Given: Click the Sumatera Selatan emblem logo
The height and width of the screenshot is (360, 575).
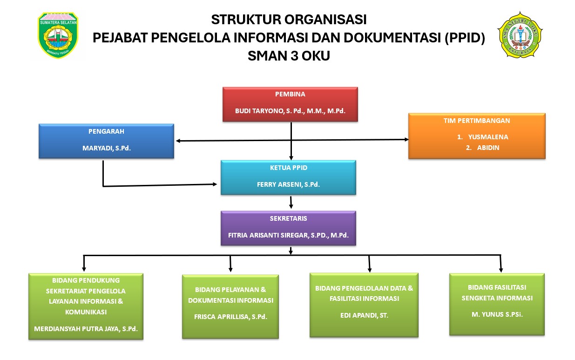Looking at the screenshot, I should (x=58, y=35).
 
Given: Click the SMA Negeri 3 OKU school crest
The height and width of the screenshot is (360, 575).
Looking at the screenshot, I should (x=520, y=34).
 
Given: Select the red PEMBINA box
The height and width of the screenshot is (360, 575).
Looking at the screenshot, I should (x=290, y=104).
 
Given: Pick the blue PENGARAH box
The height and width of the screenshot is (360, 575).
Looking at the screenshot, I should (x=106, y=141).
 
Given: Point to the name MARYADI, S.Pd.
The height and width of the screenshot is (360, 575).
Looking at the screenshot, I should (x=106, y=149).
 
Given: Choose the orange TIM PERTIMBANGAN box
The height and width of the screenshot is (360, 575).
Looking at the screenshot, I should (x=477, y=136).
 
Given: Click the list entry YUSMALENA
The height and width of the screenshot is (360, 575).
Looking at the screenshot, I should (x=488, y=137).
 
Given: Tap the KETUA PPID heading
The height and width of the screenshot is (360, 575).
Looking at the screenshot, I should (x=289, y=168).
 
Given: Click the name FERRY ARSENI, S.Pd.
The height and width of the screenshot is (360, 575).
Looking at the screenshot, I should (x=288, y=184).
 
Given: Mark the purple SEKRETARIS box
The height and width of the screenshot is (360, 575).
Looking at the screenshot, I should (x=288, y=228).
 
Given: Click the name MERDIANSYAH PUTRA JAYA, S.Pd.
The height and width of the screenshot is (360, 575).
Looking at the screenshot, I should (x=86, y=328).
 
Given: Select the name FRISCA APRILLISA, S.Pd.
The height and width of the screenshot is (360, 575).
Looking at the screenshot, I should (x=230, y=317).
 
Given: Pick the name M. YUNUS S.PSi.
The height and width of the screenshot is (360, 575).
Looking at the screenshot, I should (x=497, y=314).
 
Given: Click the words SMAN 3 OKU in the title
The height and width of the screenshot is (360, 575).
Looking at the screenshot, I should (x=289, y=56).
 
